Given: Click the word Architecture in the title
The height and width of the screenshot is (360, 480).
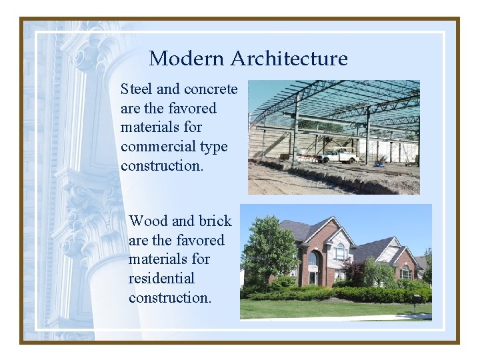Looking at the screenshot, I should (289, 59).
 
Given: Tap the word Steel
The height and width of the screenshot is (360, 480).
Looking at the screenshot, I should (136, 89).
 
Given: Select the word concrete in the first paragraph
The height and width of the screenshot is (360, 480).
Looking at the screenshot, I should (210, 89).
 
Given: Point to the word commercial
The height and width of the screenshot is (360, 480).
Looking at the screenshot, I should (155, 147).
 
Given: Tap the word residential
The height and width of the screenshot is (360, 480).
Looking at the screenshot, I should (161, 278).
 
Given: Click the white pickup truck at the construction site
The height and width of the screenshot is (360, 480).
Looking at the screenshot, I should (339, 155).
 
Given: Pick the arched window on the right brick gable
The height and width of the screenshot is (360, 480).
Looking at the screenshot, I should (405, 271).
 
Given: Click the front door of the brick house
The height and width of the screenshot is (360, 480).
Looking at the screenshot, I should (313, 277).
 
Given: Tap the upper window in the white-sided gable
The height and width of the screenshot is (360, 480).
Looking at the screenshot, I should (340, 251).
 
